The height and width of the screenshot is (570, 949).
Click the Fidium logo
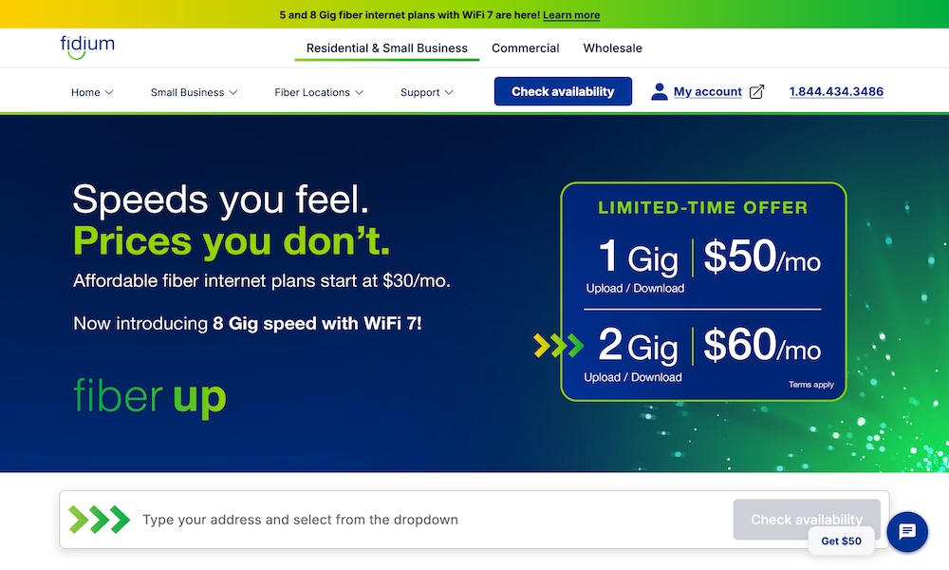86,46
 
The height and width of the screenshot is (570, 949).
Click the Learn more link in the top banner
571,15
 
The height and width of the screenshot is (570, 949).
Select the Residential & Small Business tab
386,48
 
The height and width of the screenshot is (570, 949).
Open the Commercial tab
525,48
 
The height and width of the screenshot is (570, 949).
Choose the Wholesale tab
612,48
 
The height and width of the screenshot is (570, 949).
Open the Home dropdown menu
92,92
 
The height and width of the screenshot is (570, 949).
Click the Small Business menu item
194,92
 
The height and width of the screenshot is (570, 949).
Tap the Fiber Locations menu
319,92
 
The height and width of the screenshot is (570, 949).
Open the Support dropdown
426,92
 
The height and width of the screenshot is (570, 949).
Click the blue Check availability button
563,91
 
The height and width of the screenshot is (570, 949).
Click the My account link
707,92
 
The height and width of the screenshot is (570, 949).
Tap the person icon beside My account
660,92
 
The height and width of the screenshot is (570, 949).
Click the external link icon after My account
756,92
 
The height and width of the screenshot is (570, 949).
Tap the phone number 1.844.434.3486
836,92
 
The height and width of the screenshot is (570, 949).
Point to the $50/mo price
762,257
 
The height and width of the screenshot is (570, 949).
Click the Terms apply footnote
810,385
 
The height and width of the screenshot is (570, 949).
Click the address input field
427,520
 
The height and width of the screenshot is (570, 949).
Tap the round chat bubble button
906,531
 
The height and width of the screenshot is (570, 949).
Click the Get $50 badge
841,541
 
